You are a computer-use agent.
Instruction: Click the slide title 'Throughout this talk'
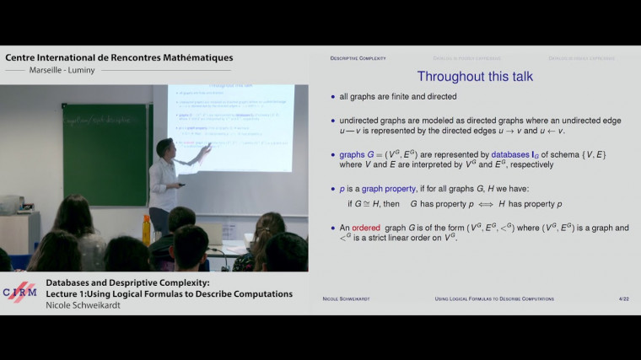tap(476, 77)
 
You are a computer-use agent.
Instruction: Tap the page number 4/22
tap(624, 298)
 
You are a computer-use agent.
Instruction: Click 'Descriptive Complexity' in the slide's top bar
tap(358, 58)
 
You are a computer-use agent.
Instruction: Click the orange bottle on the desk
tap(146, 229)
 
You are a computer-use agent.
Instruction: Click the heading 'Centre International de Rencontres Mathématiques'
tap(119, 57)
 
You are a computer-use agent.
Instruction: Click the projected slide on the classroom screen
tap(229, 126)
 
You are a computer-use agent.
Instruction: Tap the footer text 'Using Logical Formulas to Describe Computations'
tap(494, 298)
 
